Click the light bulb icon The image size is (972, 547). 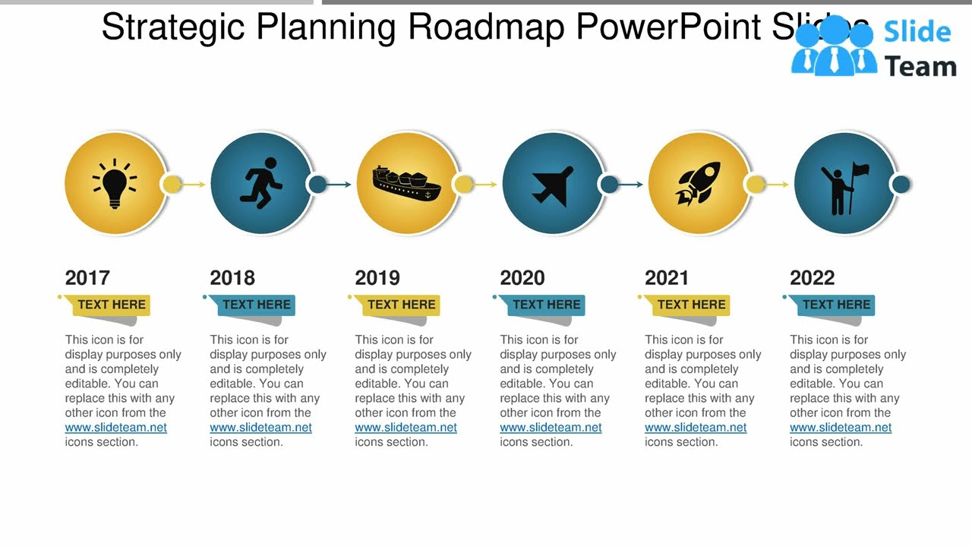115,184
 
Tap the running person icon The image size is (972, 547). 262,184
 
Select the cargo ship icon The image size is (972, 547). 406,184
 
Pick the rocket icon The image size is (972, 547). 698,184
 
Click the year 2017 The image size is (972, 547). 87,278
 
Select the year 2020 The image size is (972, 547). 522,278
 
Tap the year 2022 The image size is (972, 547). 812,278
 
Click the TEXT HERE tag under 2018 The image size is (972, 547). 256,305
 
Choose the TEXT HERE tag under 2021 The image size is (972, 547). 691,305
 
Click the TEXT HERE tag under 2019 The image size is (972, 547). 401,305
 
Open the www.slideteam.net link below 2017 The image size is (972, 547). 115,428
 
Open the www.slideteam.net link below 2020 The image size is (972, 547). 551,428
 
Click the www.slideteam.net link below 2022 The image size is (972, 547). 841,428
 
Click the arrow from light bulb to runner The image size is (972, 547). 194,184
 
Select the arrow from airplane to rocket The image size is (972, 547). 631,184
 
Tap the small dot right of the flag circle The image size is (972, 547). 901,184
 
